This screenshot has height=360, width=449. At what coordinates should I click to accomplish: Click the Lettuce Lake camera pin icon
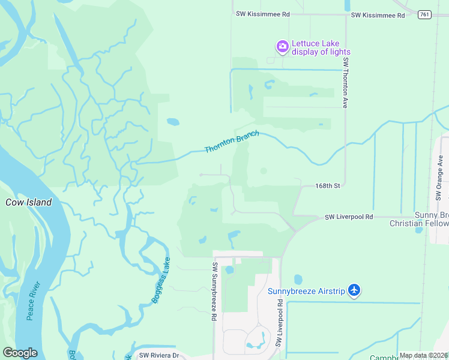[x=282, y=46]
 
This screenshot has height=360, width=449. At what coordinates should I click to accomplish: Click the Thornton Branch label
[x=232, y=142]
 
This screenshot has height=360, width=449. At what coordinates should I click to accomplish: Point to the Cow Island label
[x=28, y=202]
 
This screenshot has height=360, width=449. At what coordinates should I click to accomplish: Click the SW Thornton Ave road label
[x=346, y=83]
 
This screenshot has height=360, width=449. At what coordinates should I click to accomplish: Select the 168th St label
[x=328, y=186]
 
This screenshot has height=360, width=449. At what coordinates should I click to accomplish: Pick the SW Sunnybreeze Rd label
[x=214, y=290]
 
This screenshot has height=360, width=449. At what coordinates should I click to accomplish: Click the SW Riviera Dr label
[x=159, y=355]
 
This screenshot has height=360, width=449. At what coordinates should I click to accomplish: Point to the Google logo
[x=20, y=353]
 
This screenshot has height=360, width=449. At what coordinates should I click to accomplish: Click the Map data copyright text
[x=424, y=355]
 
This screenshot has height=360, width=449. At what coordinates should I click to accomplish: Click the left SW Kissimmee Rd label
[x=263, y=13]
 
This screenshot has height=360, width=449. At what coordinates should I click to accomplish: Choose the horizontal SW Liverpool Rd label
[x=349, y=217]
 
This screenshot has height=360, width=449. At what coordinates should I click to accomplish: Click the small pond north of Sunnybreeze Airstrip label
[x=298, y=280]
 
